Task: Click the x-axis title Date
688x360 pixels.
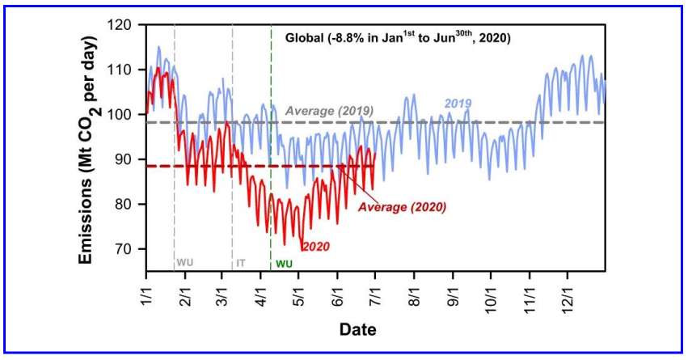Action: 357,330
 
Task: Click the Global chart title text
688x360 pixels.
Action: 397,38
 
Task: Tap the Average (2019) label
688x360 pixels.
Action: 330,108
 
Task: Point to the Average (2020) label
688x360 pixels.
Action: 403,206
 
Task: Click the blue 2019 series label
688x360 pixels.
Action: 457,103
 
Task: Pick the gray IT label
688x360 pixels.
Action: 241,263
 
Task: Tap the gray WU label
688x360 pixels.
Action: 185,263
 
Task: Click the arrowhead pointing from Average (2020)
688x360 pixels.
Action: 340,166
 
